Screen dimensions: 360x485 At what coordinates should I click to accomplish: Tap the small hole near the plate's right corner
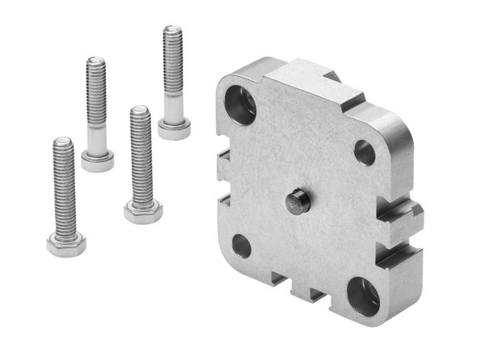coord(364,151)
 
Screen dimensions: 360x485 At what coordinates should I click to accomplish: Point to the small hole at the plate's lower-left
coord(242,244)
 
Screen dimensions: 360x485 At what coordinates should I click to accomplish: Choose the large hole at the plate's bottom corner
coord(363,295)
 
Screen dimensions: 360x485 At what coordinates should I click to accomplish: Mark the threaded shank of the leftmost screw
coord(64,186)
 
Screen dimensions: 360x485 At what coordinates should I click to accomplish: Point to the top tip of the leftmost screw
coord(63,143)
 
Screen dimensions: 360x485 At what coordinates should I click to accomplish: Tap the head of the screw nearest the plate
coord(143,212)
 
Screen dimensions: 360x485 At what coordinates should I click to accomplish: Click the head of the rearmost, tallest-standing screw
coord(174,128)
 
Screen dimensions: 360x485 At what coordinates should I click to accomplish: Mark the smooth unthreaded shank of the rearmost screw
coord(173,104)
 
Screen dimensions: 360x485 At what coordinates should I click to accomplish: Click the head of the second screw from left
coord(97,159)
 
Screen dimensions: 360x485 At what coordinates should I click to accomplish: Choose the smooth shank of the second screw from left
coord(96,138)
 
